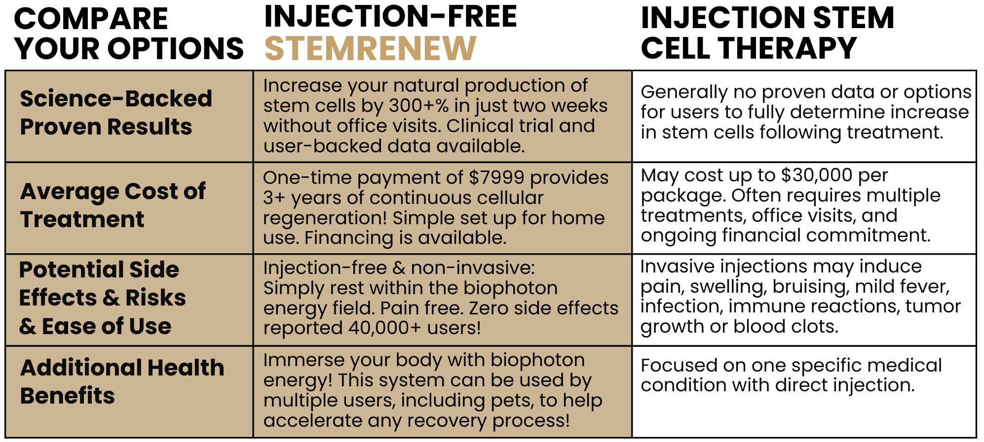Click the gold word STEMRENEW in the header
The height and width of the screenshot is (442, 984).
[370, 48]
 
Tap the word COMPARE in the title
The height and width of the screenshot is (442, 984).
[91, 19]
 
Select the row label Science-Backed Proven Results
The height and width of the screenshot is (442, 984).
[116, 112]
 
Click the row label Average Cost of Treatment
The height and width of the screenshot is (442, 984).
[113, 205]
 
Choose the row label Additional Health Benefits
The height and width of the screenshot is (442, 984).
[122, 381]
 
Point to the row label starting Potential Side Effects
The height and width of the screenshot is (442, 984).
[103, 298]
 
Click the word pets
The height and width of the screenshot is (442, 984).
[512, 401]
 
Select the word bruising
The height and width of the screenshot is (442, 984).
[811, 286]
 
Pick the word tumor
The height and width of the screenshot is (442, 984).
[933, 306]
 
